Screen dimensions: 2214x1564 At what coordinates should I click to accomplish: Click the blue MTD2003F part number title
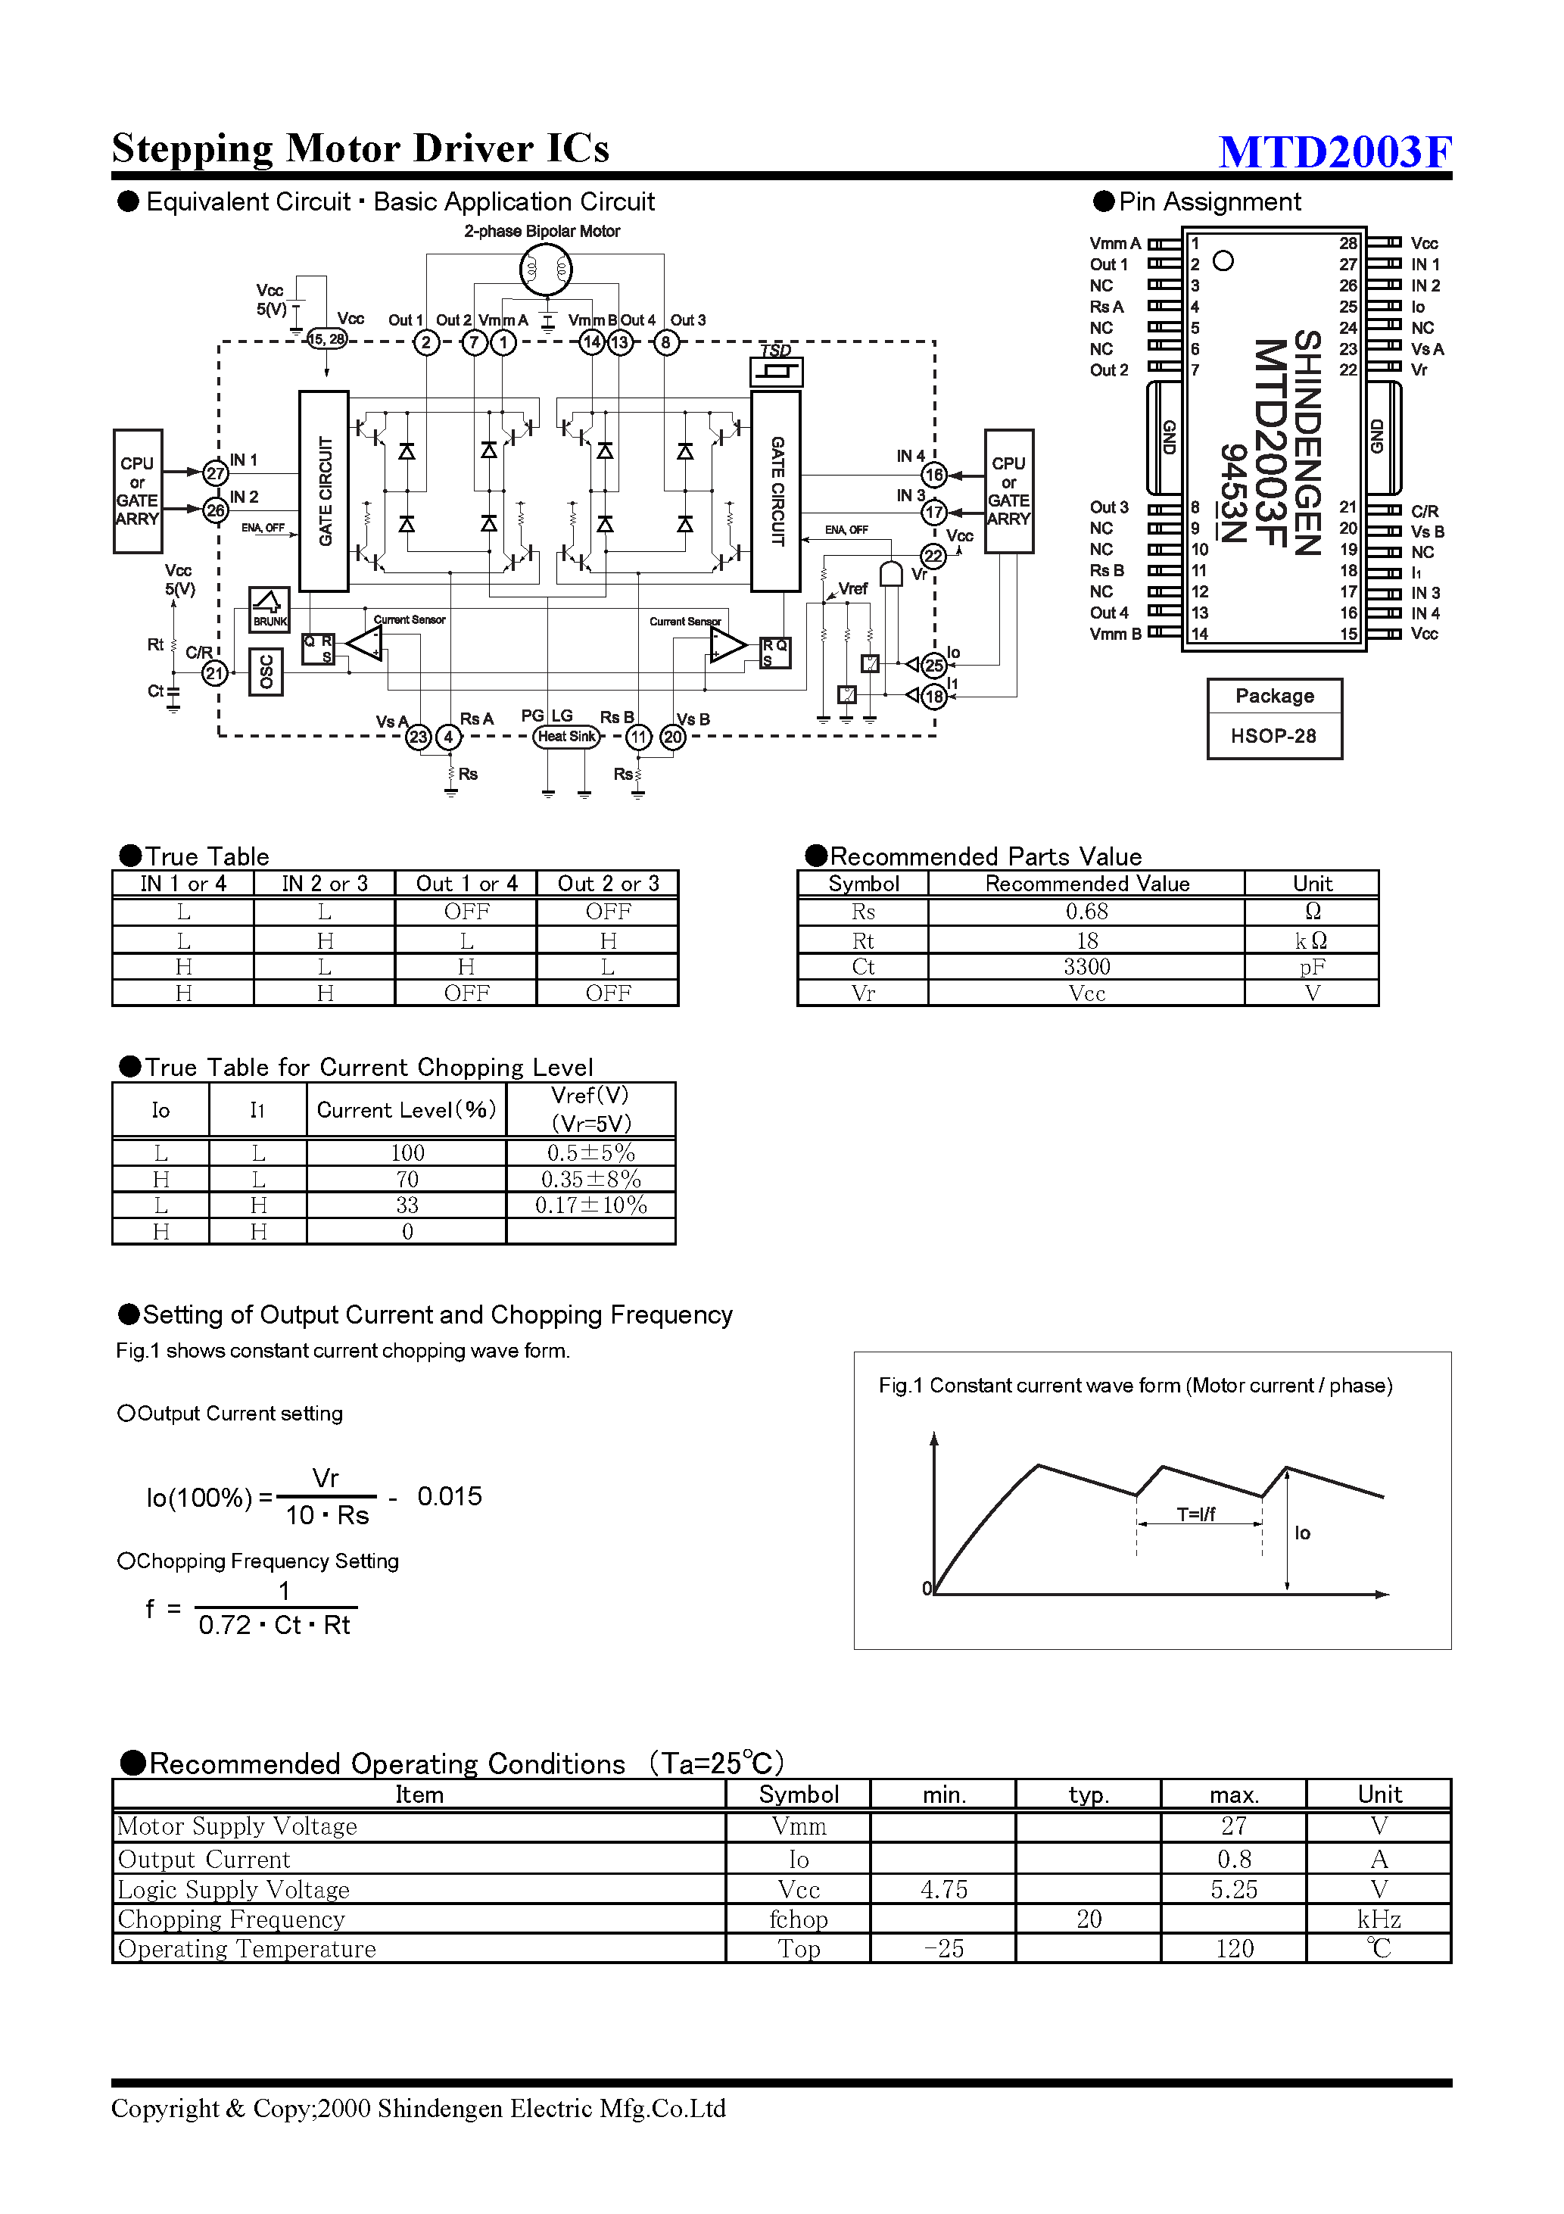click(x=1335, y=151)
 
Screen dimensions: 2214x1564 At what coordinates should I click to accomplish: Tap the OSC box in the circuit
click(x=266, y=672)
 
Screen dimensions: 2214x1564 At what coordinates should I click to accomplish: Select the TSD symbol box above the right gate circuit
click(x=776, y=371)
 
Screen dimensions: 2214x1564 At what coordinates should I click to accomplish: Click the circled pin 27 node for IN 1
click(x=215, y=472)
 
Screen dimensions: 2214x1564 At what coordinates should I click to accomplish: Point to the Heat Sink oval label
click(x=567, y=737)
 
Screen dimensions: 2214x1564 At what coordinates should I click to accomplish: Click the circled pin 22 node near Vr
click(x=933, y=556)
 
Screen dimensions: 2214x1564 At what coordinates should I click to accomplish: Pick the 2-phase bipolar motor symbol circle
click(x=546, y=270)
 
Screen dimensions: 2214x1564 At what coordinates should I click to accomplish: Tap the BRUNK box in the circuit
click(x=269, y=610)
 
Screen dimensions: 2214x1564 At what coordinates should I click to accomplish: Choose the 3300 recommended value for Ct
click(x=1087, y=967)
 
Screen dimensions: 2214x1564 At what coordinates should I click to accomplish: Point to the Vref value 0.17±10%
click(x=591, y=1205)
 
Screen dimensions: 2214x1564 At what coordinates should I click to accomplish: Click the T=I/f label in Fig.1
click(x=1195, y=1514)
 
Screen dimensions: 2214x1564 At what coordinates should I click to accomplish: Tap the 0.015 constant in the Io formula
click(x=450, y=1497)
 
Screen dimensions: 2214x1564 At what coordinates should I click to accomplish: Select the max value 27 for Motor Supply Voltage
click(x=1233, y=1826)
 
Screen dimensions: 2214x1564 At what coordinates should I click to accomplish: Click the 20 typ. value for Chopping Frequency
click(x=1089, y=1919)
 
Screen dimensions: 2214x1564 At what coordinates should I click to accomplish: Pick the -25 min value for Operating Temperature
click(x=943, y=1949)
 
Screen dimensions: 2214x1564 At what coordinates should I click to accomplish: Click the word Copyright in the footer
click(x=165, y=2108)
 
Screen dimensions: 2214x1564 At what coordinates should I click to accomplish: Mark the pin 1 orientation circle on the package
click(x=1223, y=261)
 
